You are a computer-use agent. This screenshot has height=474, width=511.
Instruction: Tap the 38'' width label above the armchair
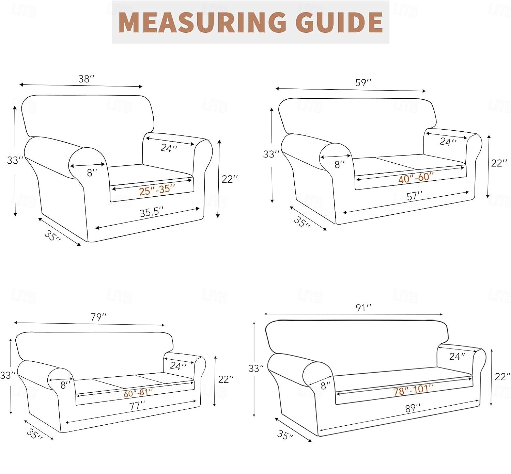[87, 79]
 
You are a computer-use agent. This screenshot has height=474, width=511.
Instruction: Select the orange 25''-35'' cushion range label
[157, 190]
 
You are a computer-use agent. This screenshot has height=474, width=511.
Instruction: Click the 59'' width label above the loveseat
[363, 82]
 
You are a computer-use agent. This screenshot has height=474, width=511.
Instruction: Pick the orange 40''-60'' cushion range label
[416, 178]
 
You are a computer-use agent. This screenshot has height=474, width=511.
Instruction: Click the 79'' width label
[98, 317]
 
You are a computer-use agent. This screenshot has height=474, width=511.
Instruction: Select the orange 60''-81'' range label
[138, 393]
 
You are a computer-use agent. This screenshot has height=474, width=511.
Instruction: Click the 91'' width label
[363, 308]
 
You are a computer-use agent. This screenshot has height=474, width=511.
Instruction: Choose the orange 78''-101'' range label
[414, 390]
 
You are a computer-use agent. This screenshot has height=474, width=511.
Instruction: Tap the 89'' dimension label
[413, 408]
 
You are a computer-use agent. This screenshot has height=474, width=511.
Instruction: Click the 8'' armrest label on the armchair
[92, 173]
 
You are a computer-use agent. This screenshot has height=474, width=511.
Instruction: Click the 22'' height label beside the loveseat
[499, 163]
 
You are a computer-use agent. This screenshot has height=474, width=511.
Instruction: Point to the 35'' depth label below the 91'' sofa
[285, 435]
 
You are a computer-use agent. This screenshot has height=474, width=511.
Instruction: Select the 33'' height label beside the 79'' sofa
[8, 375]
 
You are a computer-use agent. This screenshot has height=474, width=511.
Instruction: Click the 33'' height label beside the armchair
[15, 160]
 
